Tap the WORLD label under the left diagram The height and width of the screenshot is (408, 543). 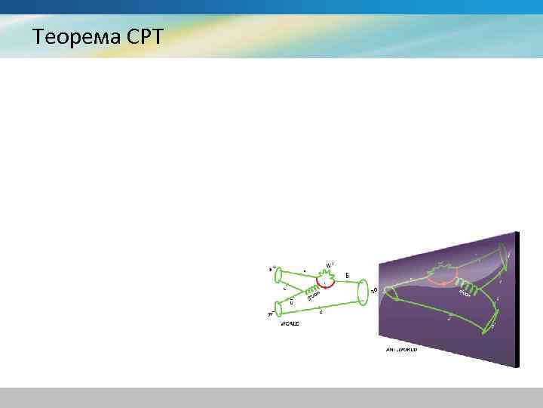(290, 323)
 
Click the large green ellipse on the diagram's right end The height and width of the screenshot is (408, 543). (363, 290)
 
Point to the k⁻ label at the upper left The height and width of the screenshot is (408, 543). (271, 267)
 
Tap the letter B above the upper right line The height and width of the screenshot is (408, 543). (346, 275)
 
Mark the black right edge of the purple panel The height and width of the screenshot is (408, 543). (517, 299)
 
